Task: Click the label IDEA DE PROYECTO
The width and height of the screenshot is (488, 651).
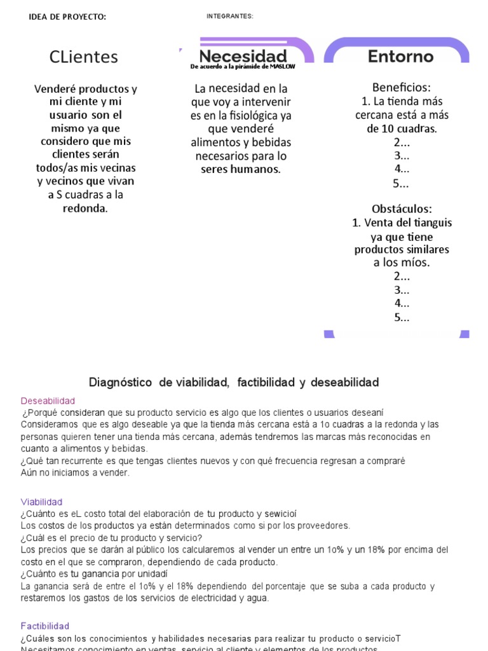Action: point(67,17)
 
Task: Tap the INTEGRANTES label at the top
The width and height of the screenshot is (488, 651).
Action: point(230,17)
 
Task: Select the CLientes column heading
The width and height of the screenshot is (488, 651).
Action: point(84,57)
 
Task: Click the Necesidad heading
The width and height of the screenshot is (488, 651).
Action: point(243,56)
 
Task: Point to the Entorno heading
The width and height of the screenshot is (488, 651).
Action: point(400,57)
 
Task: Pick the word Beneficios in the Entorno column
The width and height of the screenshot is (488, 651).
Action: point(401,87)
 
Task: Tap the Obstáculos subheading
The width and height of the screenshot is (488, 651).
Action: point(402,209)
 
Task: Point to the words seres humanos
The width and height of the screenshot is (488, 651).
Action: point(240,169)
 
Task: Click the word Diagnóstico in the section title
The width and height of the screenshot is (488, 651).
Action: point(120,382)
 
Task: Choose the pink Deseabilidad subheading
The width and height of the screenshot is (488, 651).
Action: point(48,401)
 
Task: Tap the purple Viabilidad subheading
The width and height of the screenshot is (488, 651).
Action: point(41,502)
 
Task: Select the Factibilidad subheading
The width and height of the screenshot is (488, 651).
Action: point(44,626)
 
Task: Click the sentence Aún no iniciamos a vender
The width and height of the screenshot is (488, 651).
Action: point(75,472)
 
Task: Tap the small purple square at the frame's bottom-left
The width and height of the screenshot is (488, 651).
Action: point(329,333)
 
